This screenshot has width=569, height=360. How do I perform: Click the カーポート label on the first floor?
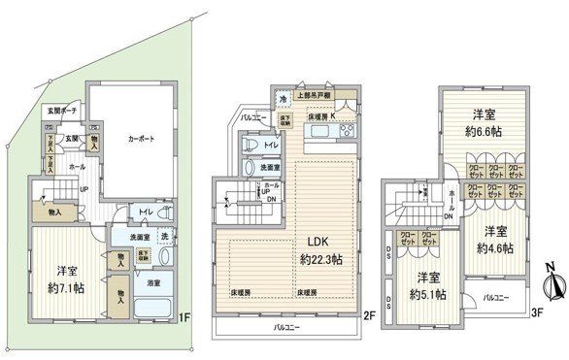click(x=140, y=139)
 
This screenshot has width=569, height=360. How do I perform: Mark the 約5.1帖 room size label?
click(x=428, y=295)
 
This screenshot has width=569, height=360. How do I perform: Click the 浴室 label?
click(x=153, y=285)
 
